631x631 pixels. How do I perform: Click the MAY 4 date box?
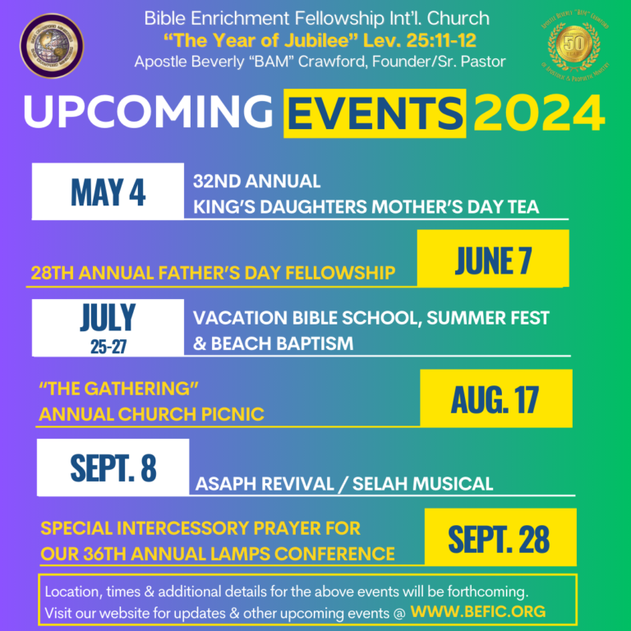tap(108, 191)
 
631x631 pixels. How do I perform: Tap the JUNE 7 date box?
tap(493, 259)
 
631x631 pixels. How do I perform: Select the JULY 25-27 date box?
tap(108, 327)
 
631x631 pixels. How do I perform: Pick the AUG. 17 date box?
tap(495, 398)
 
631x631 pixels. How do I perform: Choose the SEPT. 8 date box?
tap(113, 467)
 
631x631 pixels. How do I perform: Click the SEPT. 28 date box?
tap(500, 538)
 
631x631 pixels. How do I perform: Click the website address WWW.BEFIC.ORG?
tap(477, 612)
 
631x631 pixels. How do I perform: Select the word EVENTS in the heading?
tap(374, 114)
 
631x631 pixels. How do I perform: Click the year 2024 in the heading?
tap(538, 114)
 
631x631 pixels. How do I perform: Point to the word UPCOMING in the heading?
tap(148, 114)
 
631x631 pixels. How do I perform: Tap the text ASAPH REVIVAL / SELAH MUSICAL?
tap(343, 484)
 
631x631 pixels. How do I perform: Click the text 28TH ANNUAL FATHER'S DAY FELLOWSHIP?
tap(213, 273)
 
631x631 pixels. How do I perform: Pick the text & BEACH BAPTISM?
tap(273, 343)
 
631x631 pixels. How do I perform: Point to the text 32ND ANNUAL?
tap(256, 181)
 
